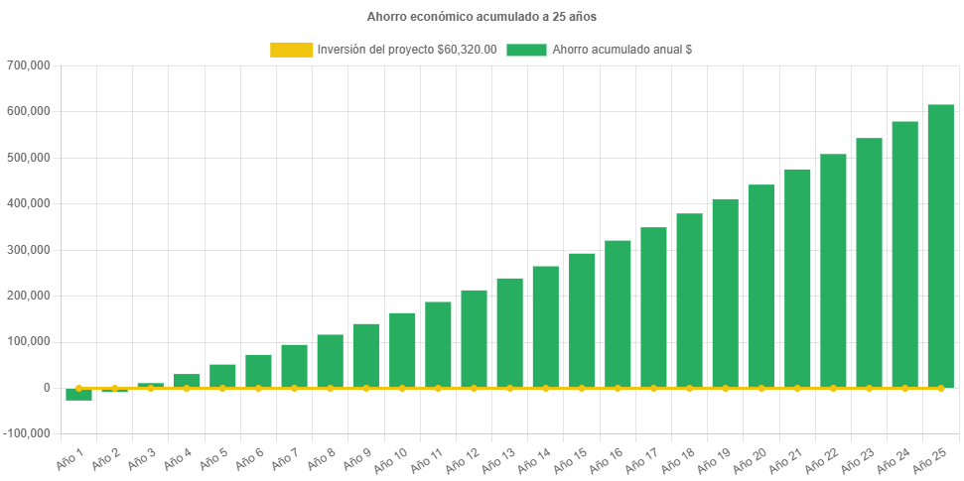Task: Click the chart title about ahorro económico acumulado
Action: pos(482,17)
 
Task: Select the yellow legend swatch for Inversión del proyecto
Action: pos(290,50)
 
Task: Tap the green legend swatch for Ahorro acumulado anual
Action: pos(526,50)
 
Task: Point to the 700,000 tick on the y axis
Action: pos(29,65)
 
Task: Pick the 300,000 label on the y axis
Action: pos(29,250)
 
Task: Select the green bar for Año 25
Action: pos(940,246)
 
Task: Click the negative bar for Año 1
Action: pos(78,395)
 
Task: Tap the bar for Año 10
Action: pos(402,350)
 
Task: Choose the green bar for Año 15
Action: pos(582,320)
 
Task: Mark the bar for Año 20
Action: pos(761,286)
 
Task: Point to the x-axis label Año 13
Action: pos(497,459)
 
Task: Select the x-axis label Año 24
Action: pos(893,459)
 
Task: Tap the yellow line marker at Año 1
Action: pos(78,388)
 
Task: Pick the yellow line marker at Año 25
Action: pos(940,388)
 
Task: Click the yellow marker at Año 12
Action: pos(474,388)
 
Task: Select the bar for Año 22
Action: pos(833,271)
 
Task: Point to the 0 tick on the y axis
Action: pos(46,388)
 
